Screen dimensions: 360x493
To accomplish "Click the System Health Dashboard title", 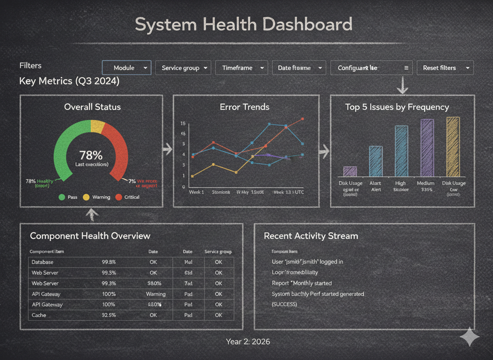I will click(244, 24).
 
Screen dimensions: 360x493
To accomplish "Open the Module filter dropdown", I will click(127, 67).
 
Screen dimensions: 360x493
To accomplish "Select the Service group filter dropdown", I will click(183, 67).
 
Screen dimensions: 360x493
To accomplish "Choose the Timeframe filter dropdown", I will click(241, 67).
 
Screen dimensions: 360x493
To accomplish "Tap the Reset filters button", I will click(445, 67).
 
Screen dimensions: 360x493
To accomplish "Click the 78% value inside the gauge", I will click(91, 155).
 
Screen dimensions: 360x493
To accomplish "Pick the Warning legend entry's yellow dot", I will click(87, 197).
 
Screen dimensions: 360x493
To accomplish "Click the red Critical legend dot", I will click(119, 197).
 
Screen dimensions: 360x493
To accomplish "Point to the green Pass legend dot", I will click(62, 197).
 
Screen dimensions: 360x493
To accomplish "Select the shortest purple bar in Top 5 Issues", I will click(350, 171).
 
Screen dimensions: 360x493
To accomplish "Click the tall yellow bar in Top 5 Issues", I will click(453, 146).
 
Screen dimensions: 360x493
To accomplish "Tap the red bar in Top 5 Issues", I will click(376, 161).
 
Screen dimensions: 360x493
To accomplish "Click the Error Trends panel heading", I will click(244, 107).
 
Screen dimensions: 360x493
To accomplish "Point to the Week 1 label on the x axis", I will click(197, 192).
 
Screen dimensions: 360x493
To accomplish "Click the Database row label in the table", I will click(42, 262).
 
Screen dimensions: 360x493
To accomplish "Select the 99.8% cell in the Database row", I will click(109, 262).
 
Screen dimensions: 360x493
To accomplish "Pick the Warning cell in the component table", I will click(156, 294).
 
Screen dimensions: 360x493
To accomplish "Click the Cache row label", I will click(39, 315).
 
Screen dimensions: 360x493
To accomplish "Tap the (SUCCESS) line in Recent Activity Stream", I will click(284, 304).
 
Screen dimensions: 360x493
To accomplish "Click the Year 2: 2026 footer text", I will click(248, 342).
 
